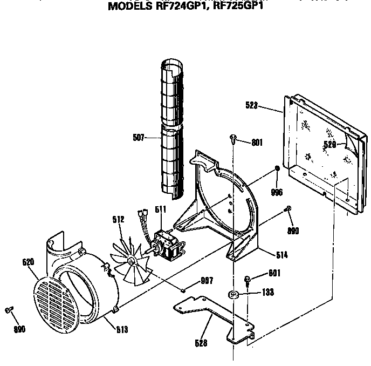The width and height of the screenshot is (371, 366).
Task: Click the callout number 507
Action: pyautogui.click(x=139, y=137)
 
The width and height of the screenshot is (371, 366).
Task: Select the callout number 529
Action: pyautogui.click(x=330, y=144)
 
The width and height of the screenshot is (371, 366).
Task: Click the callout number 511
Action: pyautogui.click(x=161, y=209)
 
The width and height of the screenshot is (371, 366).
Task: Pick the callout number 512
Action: pyautogui.click(x=119, y=219)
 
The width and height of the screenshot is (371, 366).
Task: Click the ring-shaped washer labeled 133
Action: pyautogui.click(x=233, y=295)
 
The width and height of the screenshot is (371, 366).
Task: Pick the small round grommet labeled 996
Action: pyautogui.click(x=276, y=169)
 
